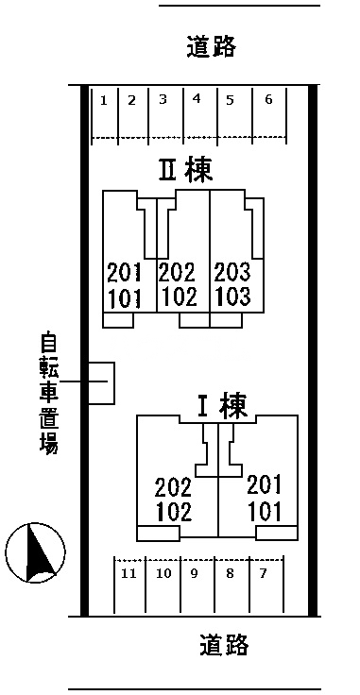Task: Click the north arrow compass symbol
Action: click(35, 551)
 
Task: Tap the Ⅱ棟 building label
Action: click(184, 170)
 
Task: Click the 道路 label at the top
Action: click(211, 46)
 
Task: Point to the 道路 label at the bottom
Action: click(225, 645)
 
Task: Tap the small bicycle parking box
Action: click(101, 382)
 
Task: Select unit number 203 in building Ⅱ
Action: click(232, 273)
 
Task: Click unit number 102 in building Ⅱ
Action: click(178, 297)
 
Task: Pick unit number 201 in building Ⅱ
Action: click(124, 273)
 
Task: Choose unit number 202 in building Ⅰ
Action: click(173, 487)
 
